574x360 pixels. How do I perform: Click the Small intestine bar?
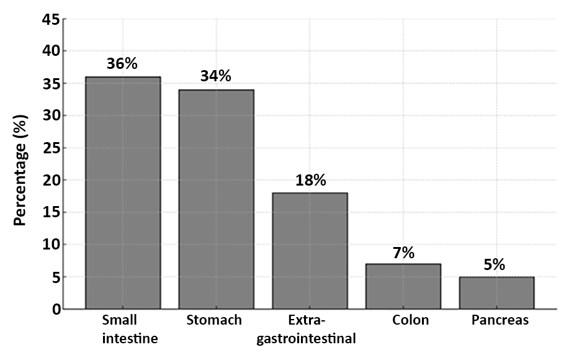coord(123,192)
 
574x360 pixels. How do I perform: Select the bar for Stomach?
coord(216,199)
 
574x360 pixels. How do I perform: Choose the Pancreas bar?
coord(496,292)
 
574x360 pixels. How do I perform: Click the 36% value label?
coord(122,63)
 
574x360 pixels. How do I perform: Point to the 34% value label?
coord(215,76)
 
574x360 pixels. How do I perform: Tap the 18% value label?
coord(310,180)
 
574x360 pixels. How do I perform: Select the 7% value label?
coord(403,253)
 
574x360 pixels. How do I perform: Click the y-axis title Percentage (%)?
coord(20,168)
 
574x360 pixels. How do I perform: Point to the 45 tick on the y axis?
coord(52,19)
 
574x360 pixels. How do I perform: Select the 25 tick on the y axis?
coord(52,148)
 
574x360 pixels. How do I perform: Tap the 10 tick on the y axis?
coord(52,245)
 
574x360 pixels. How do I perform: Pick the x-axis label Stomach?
coord(214,320)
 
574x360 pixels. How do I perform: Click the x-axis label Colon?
coord(410,320)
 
